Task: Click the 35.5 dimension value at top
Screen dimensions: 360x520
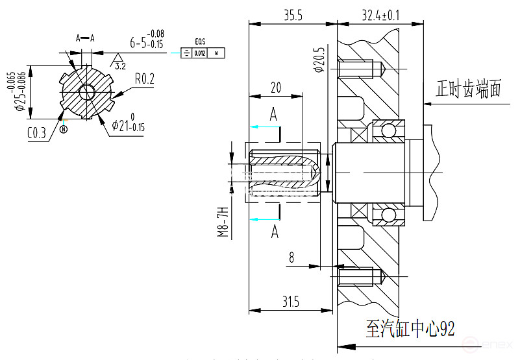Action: pos(293,14)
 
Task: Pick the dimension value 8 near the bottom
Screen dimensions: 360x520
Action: pos(291,258)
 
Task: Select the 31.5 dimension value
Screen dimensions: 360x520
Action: pos(291,302)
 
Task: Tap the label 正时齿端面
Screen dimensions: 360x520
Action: pos(469,88)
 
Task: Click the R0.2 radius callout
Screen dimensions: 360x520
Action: pos(144,79)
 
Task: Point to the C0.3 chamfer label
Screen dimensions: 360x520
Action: pos(36,134)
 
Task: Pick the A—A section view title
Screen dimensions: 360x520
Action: pos(85,38)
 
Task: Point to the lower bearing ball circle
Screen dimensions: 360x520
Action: pos(388,214)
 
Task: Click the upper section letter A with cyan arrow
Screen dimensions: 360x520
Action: pos(273,115)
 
